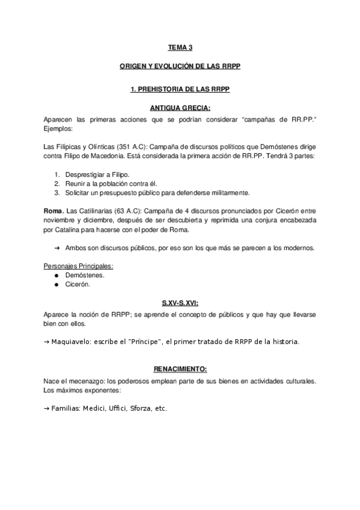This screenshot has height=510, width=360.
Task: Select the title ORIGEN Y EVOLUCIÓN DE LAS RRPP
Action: pyautogui.click(x=180, y=67)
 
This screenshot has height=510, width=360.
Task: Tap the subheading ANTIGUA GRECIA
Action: pyautogui.click(x=180, y=108)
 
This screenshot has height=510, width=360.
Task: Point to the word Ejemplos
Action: pyautogui.click(x=58, y=129)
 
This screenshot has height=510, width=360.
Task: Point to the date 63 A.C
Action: pyautogui.click(x=125, y=211)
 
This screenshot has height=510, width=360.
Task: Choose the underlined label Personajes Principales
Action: pyautogui.click(x=78, y=266)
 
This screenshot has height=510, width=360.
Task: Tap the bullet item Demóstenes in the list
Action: pyautogui.click(x=84, y=275)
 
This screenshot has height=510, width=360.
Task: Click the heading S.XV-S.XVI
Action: pyautogui.click(x=180, y=304)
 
